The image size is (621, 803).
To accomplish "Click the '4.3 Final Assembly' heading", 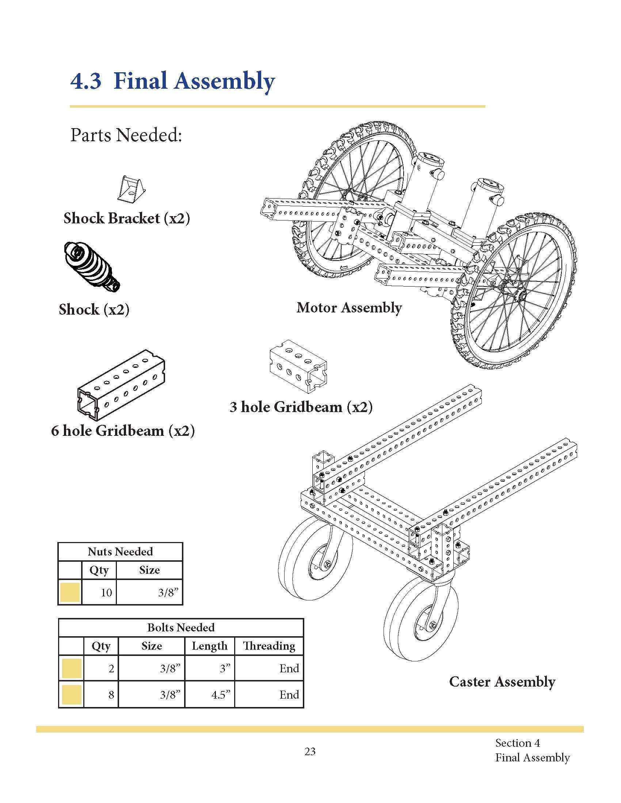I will click(172, 82).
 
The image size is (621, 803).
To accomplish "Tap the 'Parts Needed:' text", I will click(126, 135).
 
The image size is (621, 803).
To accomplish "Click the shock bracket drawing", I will click(131, 189).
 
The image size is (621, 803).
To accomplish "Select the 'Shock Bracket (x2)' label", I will click(126, 218).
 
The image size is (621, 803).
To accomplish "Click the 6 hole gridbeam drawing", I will click(121, 385).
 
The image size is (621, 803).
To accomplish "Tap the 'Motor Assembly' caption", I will click(349, 308).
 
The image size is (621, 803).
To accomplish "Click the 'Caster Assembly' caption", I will click(502, 682).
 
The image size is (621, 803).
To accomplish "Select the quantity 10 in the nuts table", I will click(106, 593).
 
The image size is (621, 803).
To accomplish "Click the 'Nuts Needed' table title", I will click(120, 552).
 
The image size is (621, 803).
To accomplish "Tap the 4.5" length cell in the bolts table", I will click(220, 695).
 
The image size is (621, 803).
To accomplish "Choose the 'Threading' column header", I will click(269, 646).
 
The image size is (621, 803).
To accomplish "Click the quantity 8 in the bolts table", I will click(111, 695).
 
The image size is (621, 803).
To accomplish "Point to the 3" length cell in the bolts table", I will click(225, 668).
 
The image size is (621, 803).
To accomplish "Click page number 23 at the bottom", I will click(310, 752).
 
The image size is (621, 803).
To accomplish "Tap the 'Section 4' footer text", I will click(517, 743).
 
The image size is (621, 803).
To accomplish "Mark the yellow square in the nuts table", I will click(70, 592).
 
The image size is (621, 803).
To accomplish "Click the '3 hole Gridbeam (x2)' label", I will click(301, 407).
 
